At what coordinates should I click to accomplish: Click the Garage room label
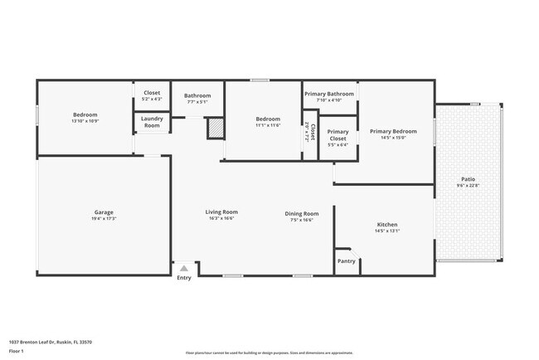pos(104,212)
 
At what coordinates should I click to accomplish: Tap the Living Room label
pos(221,212)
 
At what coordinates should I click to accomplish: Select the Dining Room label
pos(302,213)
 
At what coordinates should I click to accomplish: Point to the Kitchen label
pos(387,225)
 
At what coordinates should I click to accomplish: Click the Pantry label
pos(347,261)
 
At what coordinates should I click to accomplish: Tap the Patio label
pos(468,179)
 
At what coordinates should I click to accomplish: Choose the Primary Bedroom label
pos(393,131)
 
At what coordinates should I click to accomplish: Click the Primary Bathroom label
pos(329,94)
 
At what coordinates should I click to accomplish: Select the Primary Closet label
pos(337,135)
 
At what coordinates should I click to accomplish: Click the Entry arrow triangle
pos(183,268)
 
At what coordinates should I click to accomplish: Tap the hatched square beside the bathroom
pos(215,129)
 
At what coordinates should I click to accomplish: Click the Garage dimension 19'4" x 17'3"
pos(104,219)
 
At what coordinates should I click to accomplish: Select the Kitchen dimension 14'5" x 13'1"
pos(387,231)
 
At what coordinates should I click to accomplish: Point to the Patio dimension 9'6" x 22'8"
pos(468,186)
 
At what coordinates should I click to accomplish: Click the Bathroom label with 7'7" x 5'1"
pos(197,96)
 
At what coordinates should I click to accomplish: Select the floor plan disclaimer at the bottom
pos(269,353)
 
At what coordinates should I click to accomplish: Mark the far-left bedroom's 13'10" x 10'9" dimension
pos(85,121)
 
